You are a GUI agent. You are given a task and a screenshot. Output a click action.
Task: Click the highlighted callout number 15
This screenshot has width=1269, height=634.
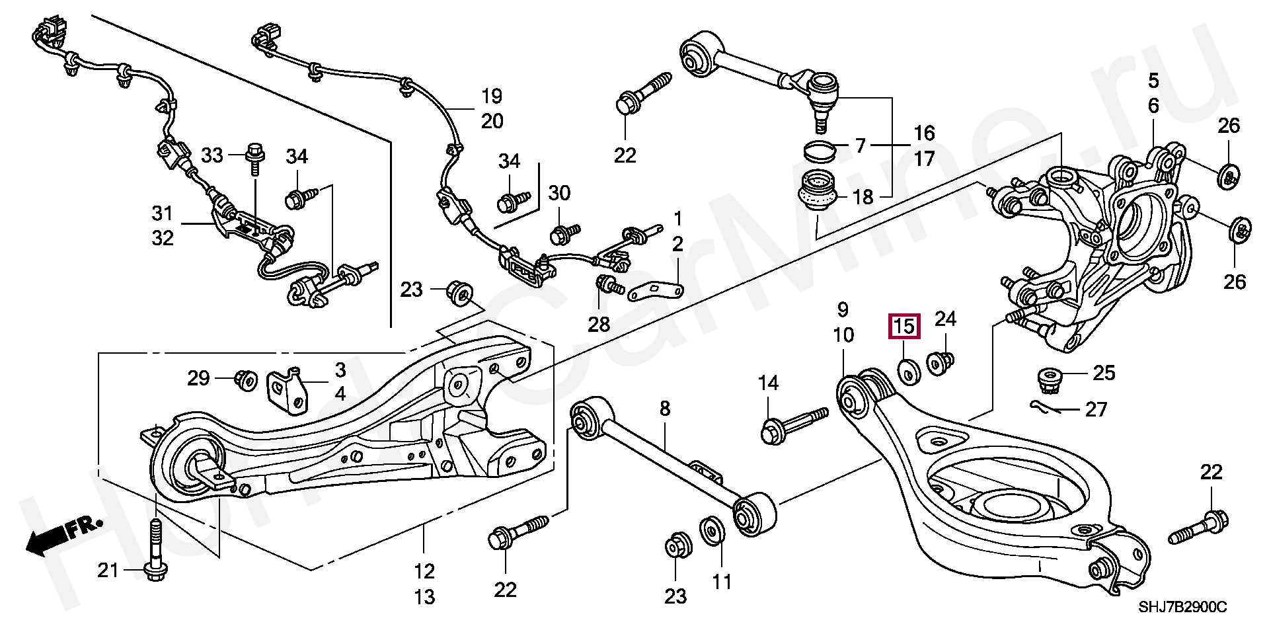[905, 326]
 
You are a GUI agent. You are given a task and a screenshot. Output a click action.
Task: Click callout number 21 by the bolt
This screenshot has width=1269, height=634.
[108, 569]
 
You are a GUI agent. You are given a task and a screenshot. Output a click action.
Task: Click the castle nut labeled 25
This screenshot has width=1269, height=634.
[1045, 379]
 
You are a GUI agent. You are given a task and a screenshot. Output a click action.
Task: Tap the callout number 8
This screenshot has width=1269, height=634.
[665, 409]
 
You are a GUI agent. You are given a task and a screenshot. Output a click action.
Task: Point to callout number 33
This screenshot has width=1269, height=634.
[212, 155]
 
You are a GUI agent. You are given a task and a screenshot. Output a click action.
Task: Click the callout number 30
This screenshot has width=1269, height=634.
[559, 193]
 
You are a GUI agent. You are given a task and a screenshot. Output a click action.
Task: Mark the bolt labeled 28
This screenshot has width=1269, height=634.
[609, 285]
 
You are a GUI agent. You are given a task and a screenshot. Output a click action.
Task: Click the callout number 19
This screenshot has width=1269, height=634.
[492, 97]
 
